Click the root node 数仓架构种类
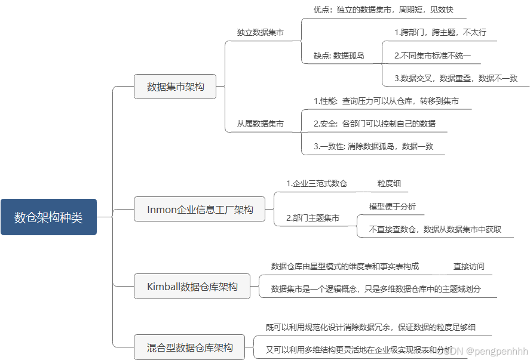(48, 217)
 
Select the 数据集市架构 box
(175, 87)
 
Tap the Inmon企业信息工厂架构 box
(200, 210)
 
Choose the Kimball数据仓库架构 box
(192, 287)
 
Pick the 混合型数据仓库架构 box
(190, 347)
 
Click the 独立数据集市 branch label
(260, 32)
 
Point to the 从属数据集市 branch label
(260, 124)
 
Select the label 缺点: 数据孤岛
(339, 55)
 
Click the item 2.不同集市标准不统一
(433, 55)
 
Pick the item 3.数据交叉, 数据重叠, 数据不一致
(455, 78)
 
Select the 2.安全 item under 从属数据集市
(375, 124)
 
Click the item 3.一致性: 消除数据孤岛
(373, 146)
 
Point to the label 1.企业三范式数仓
(317, 183)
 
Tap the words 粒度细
(389, 183)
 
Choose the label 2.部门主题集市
(313, 218)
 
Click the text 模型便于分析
(393, 207)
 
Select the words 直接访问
(469, 266)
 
